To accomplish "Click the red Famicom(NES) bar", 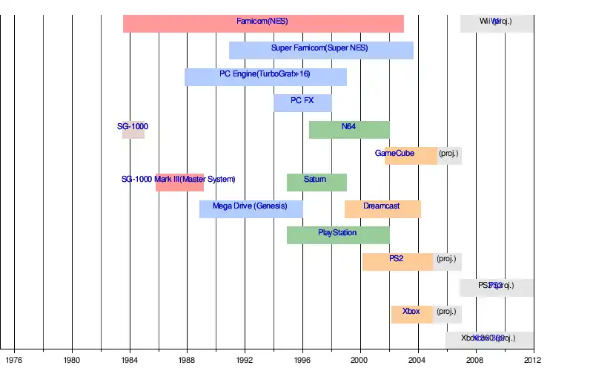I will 263,23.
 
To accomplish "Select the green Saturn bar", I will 317,182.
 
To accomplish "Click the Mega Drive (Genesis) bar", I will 251,209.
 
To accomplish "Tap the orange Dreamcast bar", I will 382,209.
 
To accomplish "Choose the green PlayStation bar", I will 338,235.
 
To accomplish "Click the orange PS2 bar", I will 397,261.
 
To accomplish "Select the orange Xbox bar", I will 412,314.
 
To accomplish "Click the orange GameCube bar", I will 411,156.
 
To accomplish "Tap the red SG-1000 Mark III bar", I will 179,182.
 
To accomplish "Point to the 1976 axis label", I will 14,361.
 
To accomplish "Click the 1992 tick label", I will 245,361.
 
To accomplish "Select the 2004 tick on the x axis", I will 418,361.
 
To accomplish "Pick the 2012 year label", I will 533,361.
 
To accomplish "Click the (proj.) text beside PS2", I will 447,259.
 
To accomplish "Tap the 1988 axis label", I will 188,361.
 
